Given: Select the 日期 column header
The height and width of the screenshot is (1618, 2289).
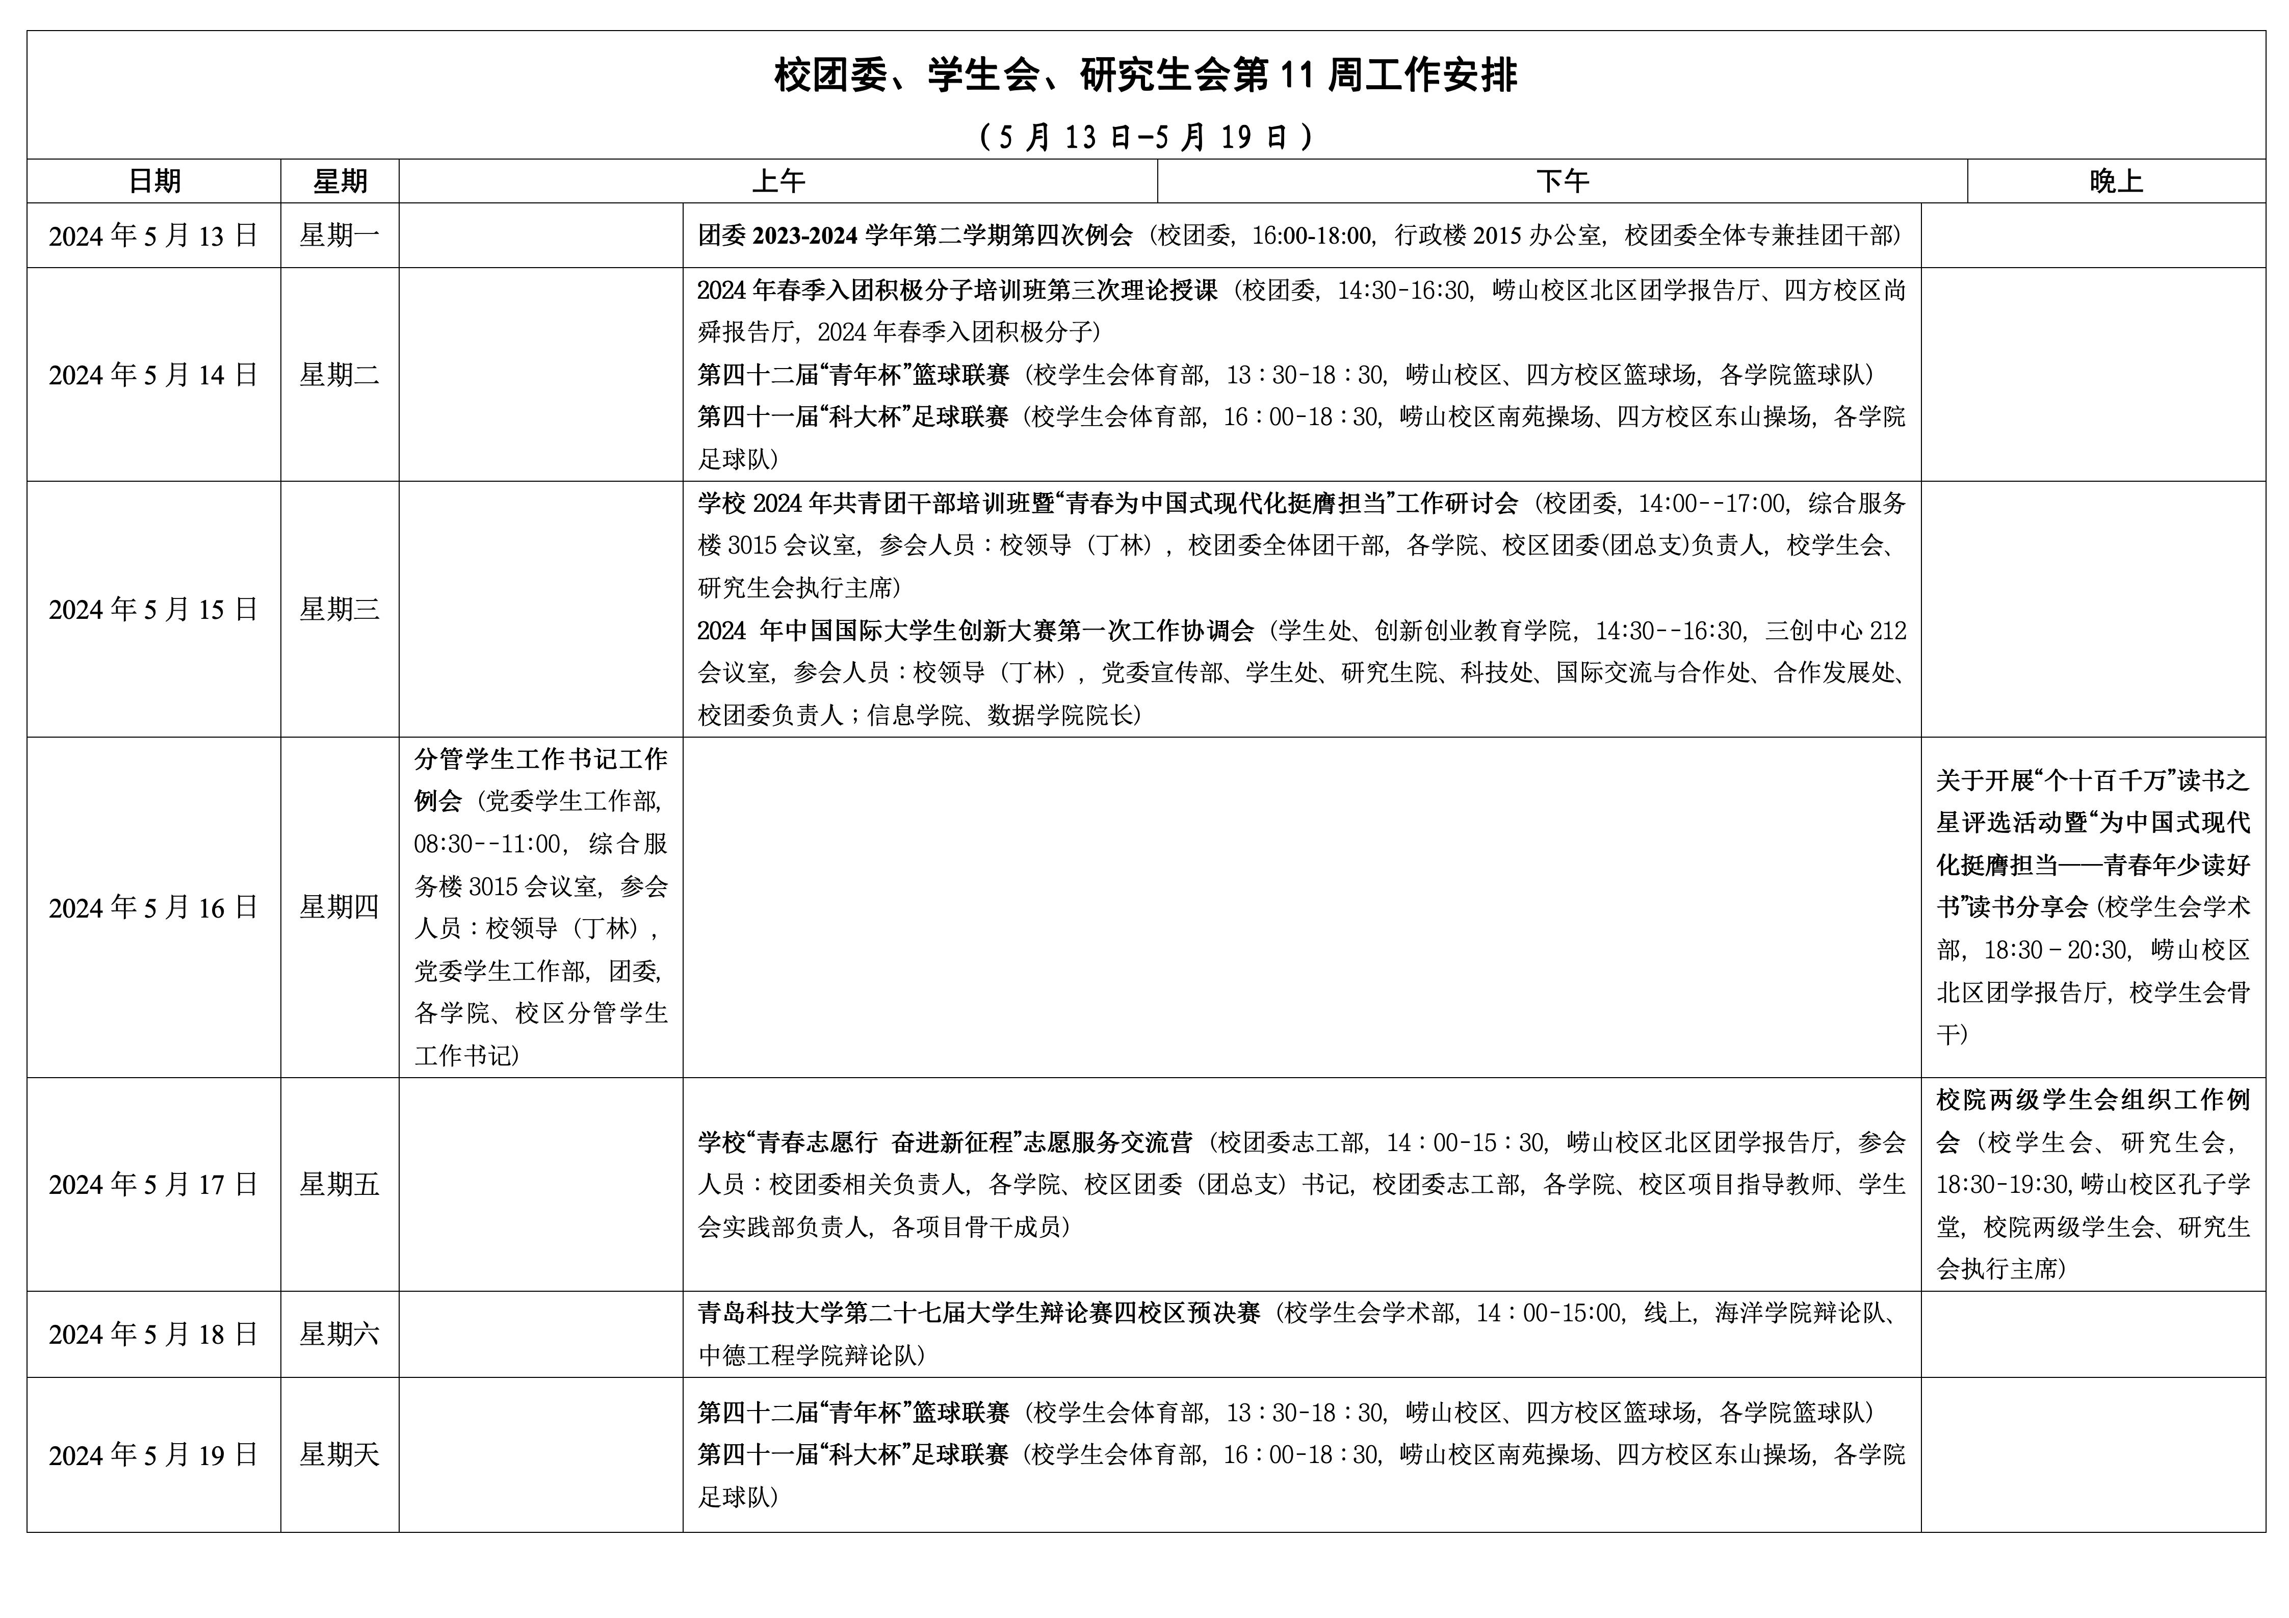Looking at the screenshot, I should pos(154,181).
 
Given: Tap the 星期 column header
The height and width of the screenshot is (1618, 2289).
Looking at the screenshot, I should pos(340,181).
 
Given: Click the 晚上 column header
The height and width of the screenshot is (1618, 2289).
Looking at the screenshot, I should pos(2116,181).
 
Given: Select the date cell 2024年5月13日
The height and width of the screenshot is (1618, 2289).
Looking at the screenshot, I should pos(153,236).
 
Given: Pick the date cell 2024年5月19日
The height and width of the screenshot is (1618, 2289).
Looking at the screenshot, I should pos(153,1455).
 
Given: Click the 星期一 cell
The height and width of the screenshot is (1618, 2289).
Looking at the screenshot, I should pos(340,236).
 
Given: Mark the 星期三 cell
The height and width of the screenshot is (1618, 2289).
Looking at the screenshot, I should pos(340,609).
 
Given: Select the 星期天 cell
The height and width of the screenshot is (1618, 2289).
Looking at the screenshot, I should pos(340,1455).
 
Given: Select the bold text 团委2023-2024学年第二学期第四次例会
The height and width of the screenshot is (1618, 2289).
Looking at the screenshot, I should pos(915,236).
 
